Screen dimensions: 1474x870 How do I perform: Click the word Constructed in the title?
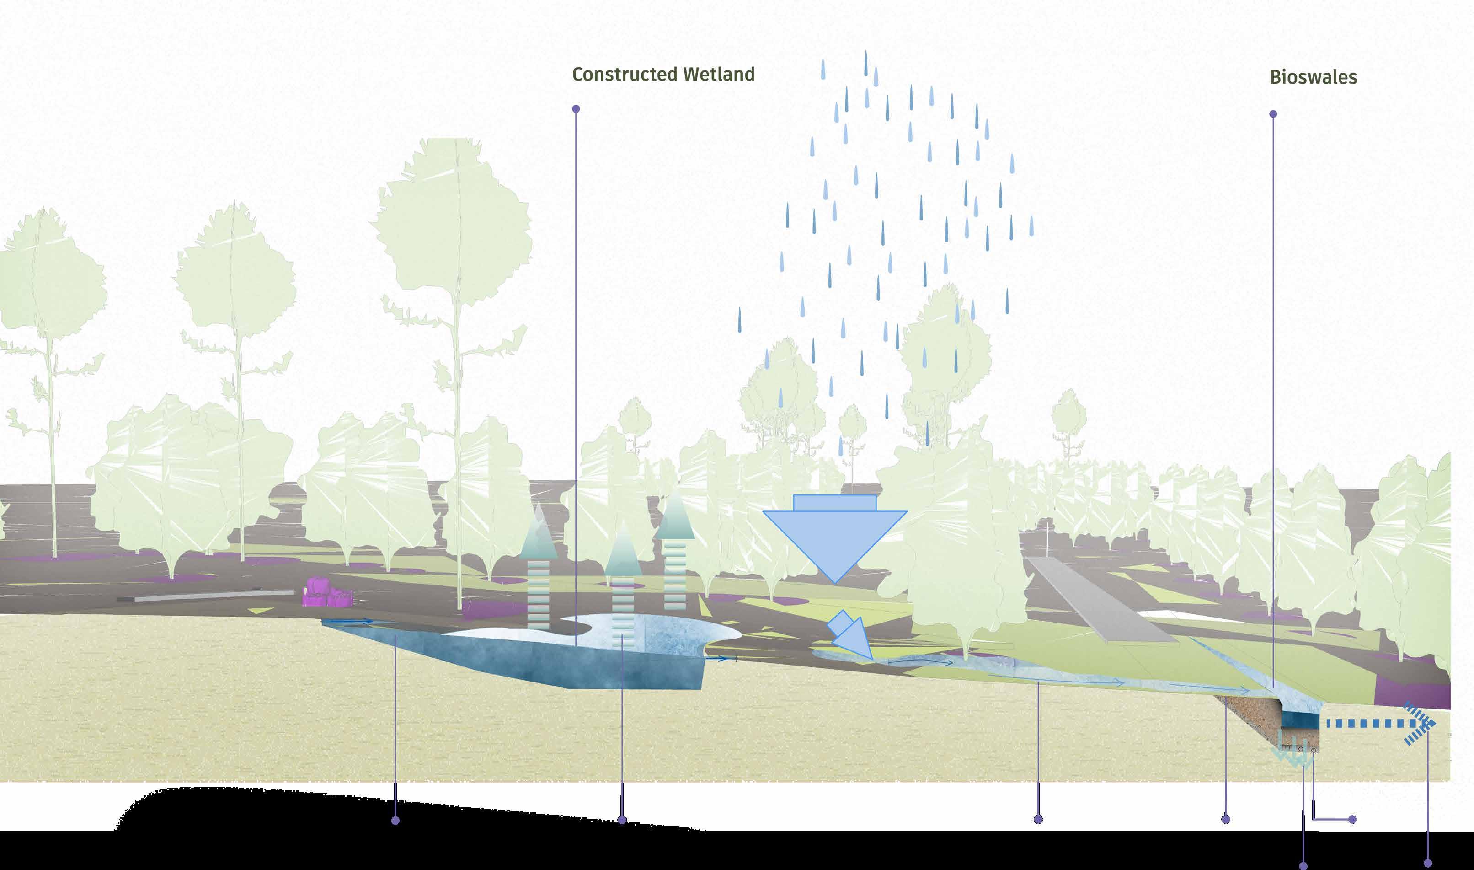[x=624, y=75]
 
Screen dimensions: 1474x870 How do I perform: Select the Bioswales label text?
[x=1313, y=77]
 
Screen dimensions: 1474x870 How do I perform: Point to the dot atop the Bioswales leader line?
[x=1273, y=114]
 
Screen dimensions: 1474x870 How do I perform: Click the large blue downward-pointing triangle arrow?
[x=834, y=539]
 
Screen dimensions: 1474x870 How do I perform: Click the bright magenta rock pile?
[x=327, y=593]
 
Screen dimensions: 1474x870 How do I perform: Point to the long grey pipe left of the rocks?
[x=205, y=596]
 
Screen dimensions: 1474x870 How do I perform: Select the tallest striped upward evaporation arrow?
[x=675, y=551]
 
